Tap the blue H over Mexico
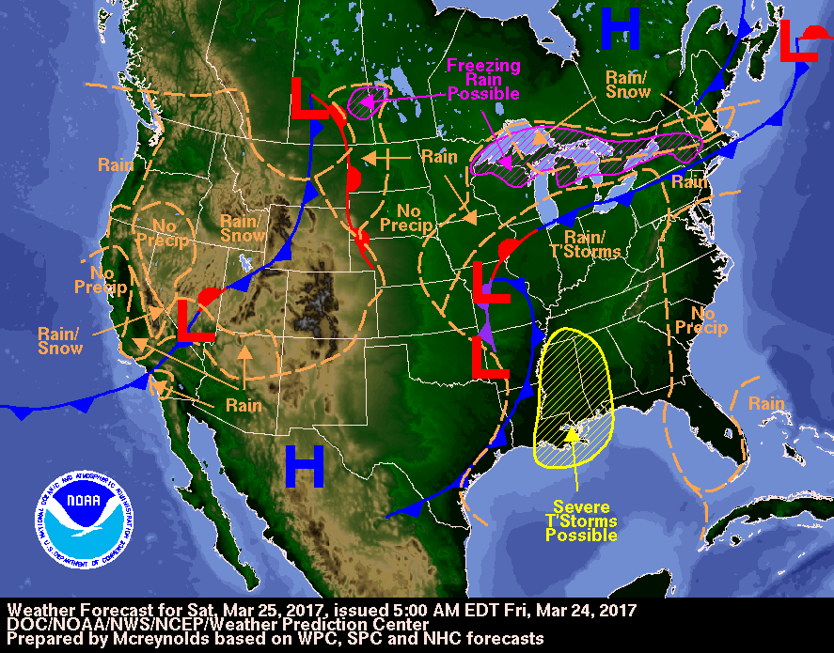(304, 466)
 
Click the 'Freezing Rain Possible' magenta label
(482, 79)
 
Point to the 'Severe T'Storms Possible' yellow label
(581, 521)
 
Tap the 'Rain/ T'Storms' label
(591, 243)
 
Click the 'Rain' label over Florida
(766, 404)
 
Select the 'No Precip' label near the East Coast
(708, 320)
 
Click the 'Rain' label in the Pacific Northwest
(116, 164)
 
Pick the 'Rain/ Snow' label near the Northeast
(626, 85)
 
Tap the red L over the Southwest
(196, 320)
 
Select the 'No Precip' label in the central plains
(407, 218)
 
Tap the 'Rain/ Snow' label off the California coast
(59, 340)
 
